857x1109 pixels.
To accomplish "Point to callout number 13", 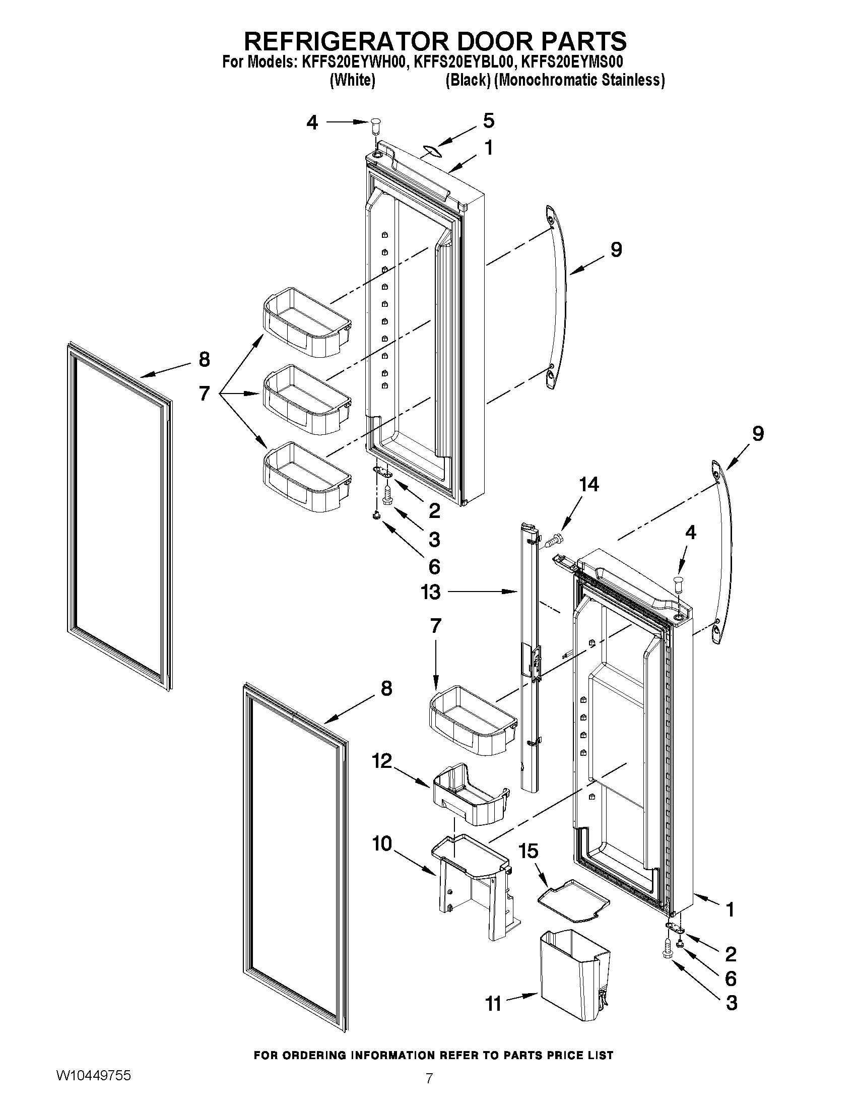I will point(431,592).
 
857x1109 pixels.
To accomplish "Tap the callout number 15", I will point(529,851).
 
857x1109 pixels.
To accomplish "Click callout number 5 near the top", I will point(488,121).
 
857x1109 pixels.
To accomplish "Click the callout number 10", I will point(382,844).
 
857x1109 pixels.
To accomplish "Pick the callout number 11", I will point(493,1004).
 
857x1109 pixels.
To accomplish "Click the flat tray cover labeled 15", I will point(574,901).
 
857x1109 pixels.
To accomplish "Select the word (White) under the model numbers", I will point(352,80).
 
